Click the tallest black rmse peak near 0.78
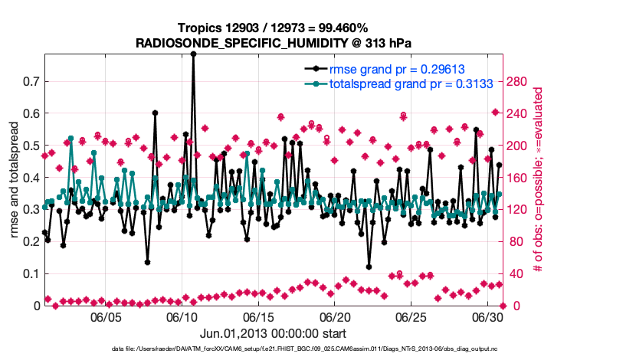[x=193, y=54]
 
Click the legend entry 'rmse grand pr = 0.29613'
[x=392, y=68]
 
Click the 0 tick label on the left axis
[x=36, y=306]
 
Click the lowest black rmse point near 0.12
[x=369, y=267]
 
